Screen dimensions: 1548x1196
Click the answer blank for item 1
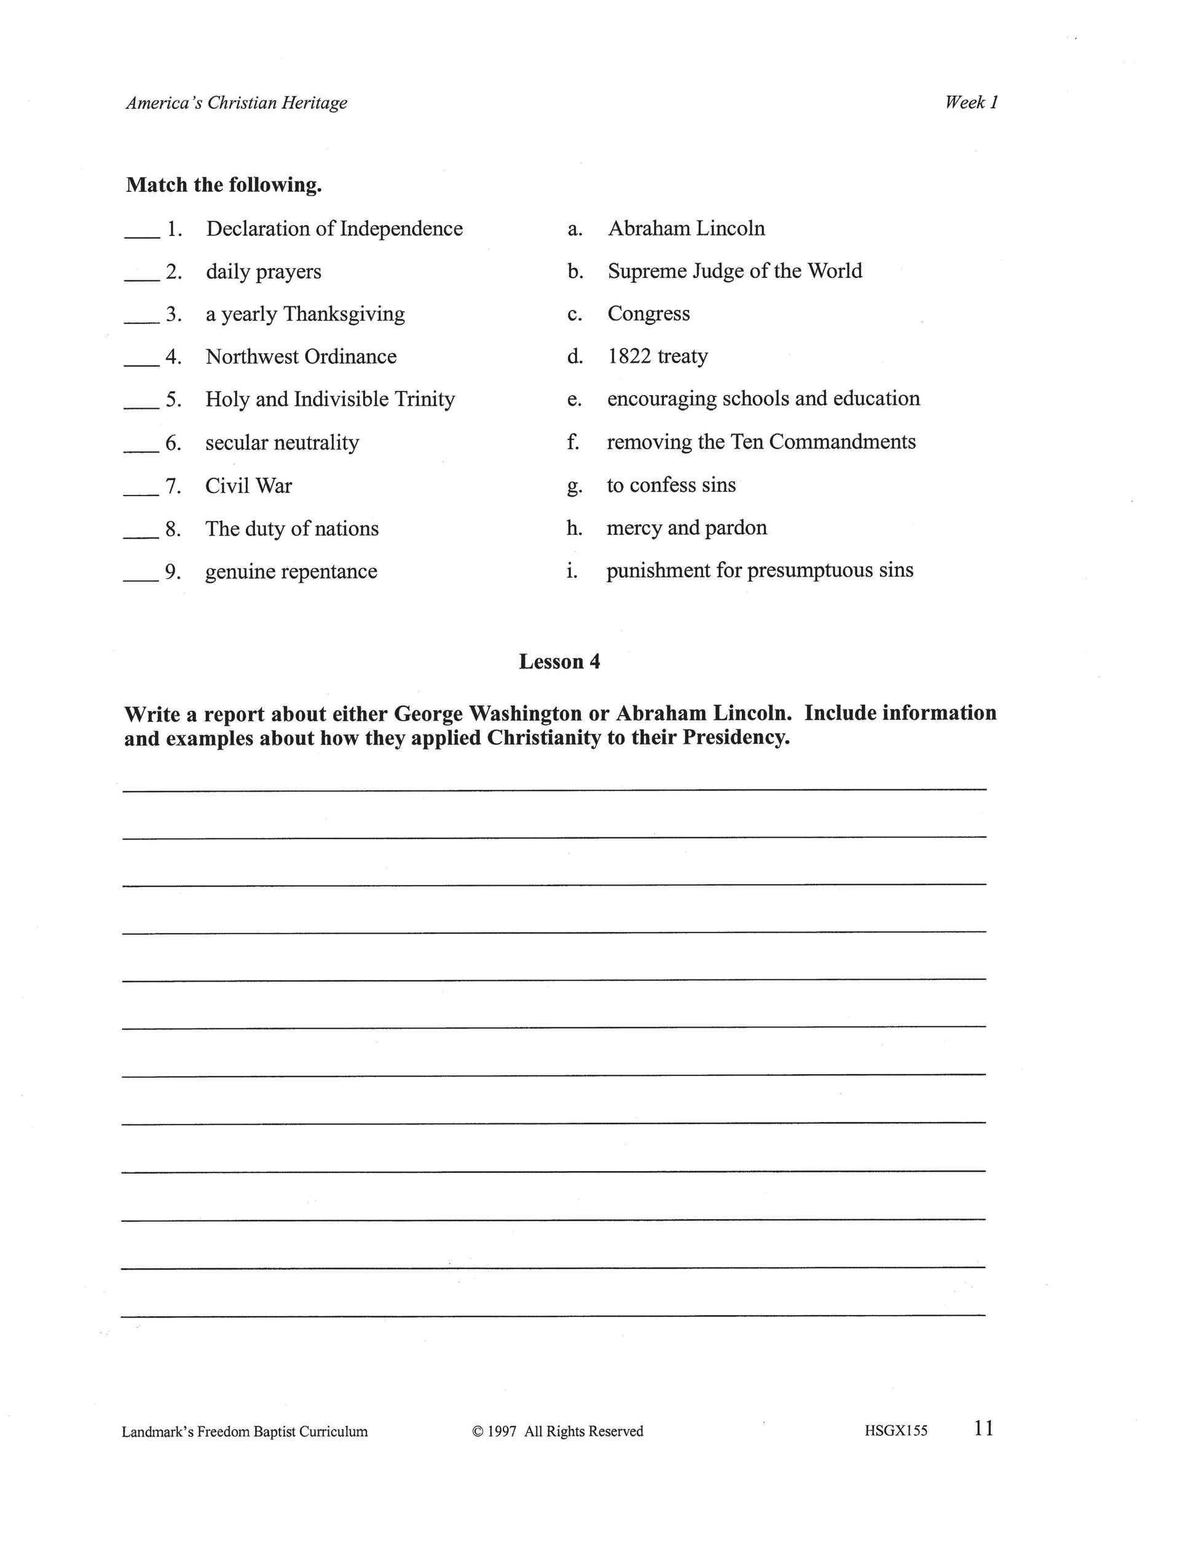pos(142,236)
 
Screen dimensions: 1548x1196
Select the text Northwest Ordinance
pos(301,357)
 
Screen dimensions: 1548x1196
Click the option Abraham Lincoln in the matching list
pos(686,228)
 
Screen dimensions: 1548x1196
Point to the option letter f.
pos(573,442)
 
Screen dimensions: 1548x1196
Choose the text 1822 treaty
pos(658,356)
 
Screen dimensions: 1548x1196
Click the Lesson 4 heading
pos(559,661)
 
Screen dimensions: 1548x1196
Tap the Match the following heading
pos(224,185)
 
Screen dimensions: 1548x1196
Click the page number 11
pos(984,1428)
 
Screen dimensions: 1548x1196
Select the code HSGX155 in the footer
pos(895,1431)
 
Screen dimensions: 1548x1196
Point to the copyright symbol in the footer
pos(477,1431)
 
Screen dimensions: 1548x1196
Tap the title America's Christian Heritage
pos(237,103)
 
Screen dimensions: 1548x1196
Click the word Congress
pos(648,314)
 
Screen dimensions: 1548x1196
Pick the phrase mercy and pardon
pos(687,527)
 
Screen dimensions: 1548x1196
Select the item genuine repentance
pos(291,571)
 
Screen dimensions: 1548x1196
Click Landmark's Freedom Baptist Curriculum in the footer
pos(245,1431)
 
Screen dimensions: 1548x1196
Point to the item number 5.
pos(173,400)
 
